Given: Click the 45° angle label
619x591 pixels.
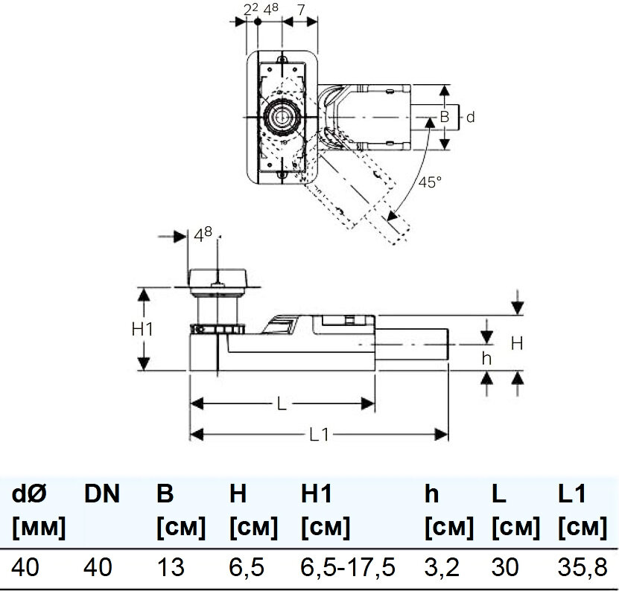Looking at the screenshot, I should coord(429,182).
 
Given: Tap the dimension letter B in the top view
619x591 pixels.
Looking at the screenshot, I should coord(443,117).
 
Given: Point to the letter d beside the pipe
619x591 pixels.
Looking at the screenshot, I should coord(469,117).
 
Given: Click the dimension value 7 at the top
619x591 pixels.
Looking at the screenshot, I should coord(299,9).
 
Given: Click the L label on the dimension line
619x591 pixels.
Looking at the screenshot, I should coord(282,403).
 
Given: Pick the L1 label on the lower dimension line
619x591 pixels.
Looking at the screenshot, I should coord(318,435).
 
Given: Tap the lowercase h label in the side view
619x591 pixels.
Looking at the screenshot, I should coord(486,358).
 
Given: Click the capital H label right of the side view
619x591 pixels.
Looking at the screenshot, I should coord(516,343).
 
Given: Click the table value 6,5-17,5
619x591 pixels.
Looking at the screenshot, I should coord(347,568).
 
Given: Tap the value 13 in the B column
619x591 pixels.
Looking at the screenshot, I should coord(171,568).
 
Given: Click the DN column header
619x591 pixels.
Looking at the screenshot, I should coord(102,493).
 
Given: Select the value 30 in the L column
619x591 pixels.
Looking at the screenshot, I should coord(507,568).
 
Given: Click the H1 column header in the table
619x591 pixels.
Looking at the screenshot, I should coord(316,493).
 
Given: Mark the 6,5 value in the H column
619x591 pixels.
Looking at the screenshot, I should coord(247,568).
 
